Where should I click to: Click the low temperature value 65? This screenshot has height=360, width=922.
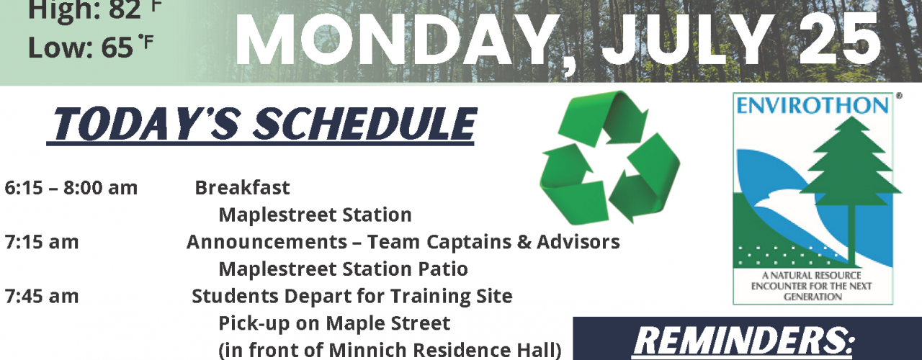pyautogui.click(x=117, y=48)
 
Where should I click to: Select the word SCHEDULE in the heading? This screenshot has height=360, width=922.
pyautogui.click(x=364, y=124)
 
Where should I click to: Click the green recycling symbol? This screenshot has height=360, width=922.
pyautogui.click(x=609, y=158)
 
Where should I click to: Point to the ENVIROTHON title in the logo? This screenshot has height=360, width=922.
pyautogui.click(x=813, y=106)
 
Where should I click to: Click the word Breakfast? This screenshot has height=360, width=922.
pyautogui.click(x=242, y=188)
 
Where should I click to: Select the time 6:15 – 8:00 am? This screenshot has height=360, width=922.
pyautogui.click(x=71, y=188)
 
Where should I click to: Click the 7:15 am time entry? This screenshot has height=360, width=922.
pyautogui.click(x=41, y=242)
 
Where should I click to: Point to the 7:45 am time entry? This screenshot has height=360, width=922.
pyautogui.click(x=41, y=296)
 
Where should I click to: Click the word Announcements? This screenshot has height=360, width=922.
pyautogui.click(x=267, y=242)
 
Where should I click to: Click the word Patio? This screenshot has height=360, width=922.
pyautogui.click(x=443, y=269)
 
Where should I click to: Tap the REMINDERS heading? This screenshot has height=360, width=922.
pyautogui.click(x=743, y=341)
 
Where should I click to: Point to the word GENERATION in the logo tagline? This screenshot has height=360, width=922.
pyautogui.click(x=813, y=297)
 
